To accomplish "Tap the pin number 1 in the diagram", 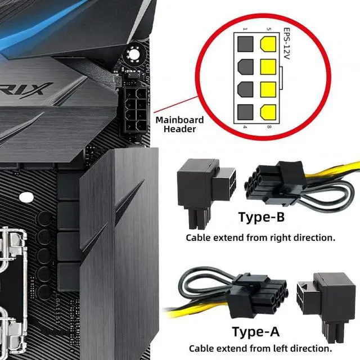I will tap(244, 28).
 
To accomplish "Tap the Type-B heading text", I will tap(261, 217).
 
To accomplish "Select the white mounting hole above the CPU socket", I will tap(26, 197).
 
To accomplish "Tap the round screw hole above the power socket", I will tap(134, 55).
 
